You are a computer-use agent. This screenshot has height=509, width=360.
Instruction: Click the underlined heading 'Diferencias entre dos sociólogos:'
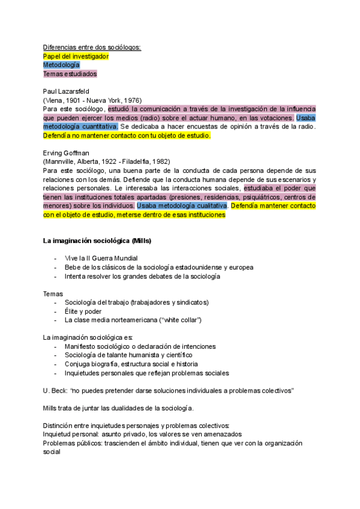click(92, 47)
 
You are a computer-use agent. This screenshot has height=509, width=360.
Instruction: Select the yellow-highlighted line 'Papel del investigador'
click(76, 56)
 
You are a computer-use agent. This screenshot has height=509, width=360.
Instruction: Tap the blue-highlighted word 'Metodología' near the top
click(61, 65)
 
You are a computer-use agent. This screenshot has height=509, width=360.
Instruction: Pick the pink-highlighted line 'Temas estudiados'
click(70, 74)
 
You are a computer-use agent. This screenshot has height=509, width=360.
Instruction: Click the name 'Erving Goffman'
click(67, 152)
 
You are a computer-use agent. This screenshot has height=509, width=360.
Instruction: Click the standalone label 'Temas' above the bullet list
click(52, 294)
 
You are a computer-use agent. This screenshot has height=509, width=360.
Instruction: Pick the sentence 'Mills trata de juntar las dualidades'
click(118, 408)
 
